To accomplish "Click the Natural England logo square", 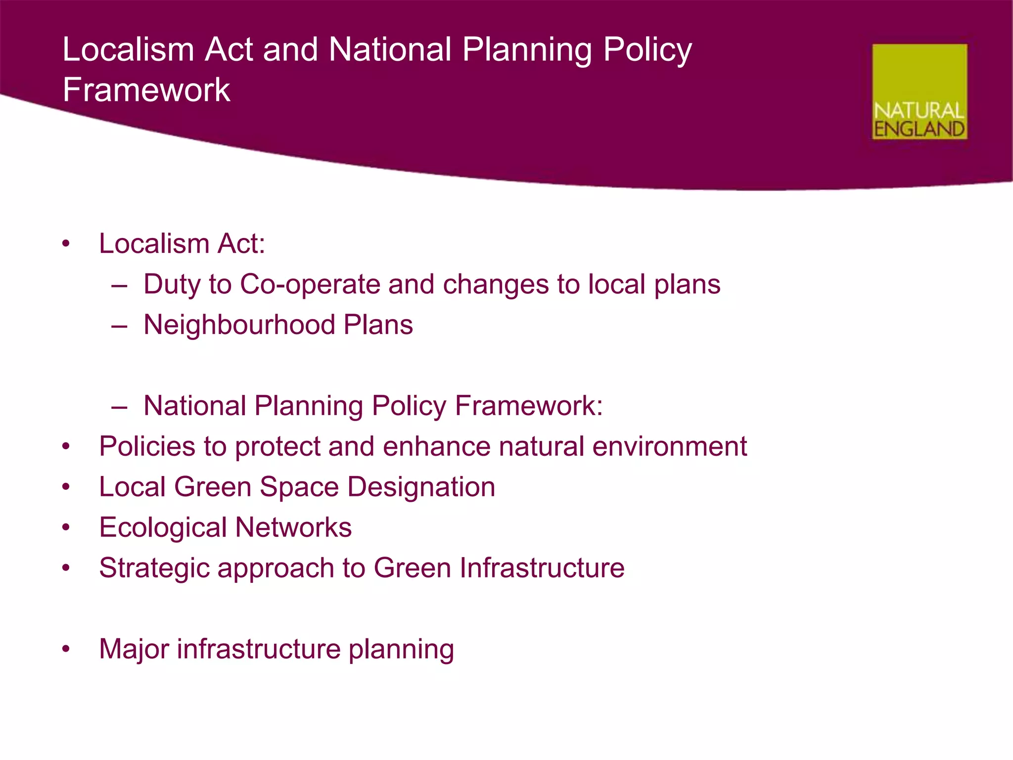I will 919,92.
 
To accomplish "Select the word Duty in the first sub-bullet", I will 172,285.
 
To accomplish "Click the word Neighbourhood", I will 239,325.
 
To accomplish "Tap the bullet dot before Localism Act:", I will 66,244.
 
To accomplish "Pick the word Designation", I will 421,487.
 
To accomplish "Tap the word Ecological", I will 163,527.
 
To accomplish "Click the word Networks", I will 293,527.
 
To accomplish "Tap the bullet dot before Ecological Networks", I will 66,528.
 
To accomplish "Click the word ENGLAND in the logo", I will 919,129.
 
